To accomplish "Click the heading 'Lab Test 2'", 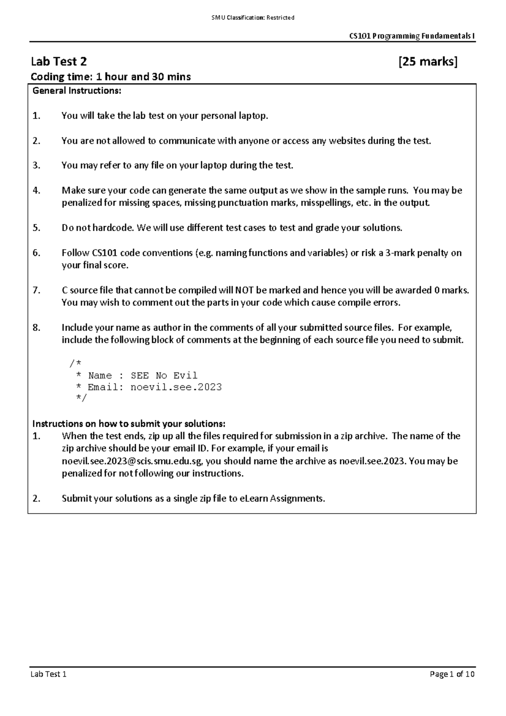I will [x=59, y=62].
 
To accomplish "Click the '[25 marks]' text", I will [x=428, y=62].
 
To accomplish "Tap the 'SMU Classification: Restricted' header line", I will [x=253, y=18].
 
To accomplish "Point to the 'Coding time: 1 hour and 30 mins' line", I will [x=111, y=77].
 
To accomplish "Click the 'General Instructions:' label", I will [x=77, y=90].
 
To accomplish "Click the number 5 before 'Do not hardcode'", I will [x=36, y=228].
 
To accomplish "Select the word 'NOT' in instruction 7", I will [x=244, y=290].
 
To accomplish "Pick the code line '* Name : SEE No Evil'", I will [x=136, y=375].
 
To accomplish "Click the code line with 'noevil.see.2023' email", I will [x=148, y=387].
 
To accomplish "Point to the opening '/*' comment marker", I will [x=75, y=363].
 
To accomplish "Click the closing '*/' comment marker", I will [x=81, y=398].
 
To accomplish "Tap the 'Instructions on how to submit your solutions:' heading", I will [x=129, y=423].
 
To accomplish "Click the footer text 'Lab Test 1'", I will [x=48, y=674].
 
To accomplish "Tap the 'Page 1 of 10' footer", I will [x=452, y=674].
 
